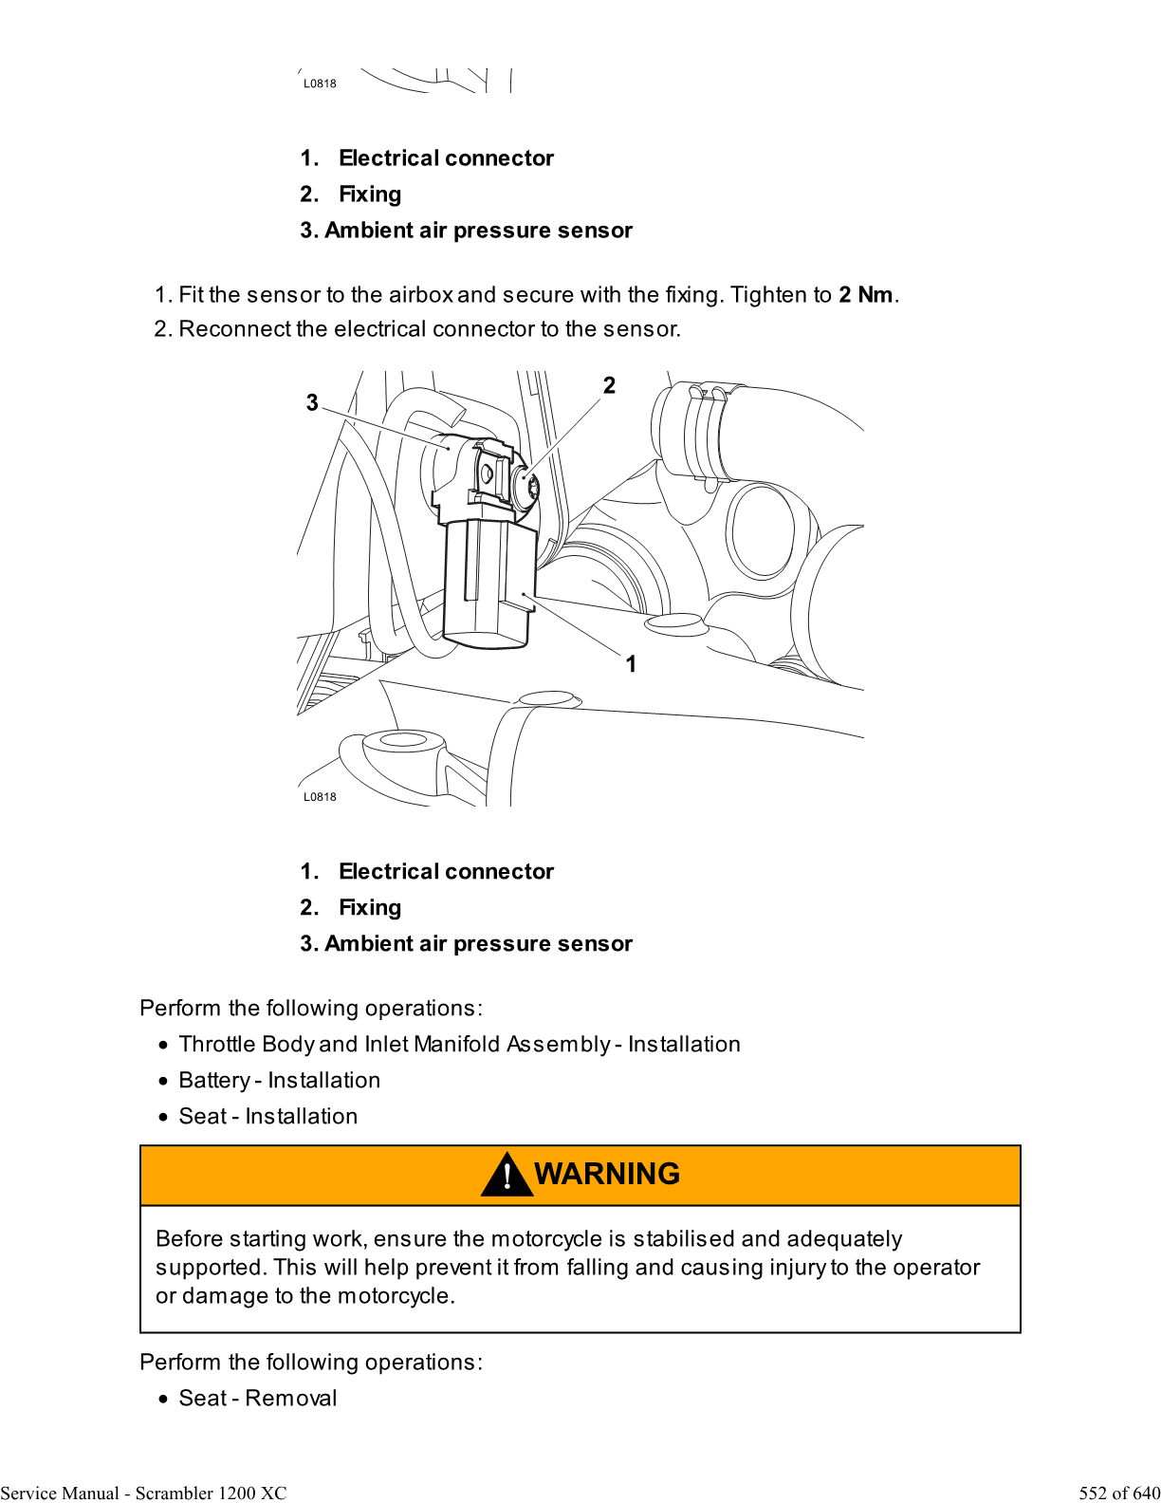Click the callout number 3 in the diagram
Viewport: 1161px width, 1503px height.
point(312,403)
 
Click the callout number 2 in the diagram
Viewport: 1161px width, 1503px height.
point(609,385)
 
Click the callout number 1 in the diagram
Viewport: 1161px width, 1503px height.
point(631,664)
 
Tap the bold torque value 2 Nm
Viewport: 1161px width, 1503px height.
point(865,295)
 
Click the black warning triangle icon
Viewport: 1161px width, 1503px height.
point(507,1176)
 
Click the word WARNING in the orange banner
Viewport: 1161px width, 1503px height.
point(607,1174)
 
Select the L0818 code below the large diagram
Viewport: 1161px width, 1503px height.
point(320,797)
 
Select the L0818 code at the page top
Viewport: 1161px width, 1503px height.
point(320,83)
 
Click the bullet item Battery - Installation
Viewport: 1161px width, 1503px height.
point(279,1081)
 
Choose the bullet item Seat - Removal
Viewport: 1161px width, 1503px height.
point(257,1399)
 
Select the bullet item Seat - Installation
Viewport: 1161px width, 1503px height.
point(267,1117)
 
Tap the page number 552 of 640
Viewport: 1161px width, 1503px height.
point(1118,1493)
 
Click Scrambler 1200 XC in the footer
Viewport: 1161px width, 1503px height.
point(211,1493)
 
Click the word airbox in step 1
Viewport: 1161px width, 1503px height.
point(420,295)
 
